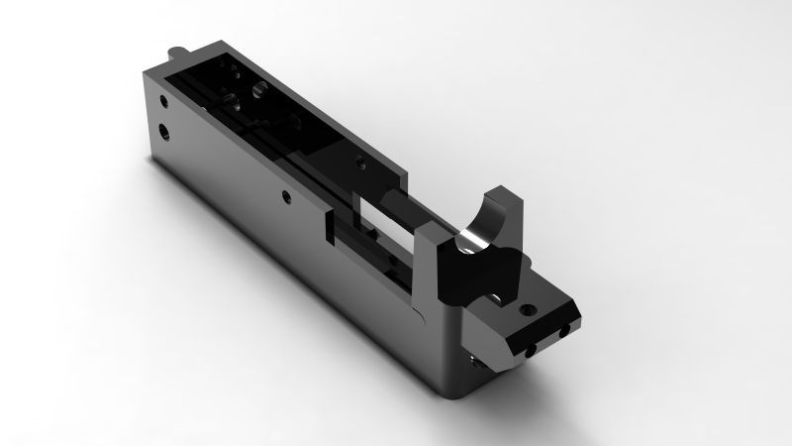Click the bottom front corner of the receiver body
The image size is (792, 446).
click(x=457, y=394)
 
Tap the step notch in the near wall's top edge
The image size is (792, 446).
click(x=327, y=217)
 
